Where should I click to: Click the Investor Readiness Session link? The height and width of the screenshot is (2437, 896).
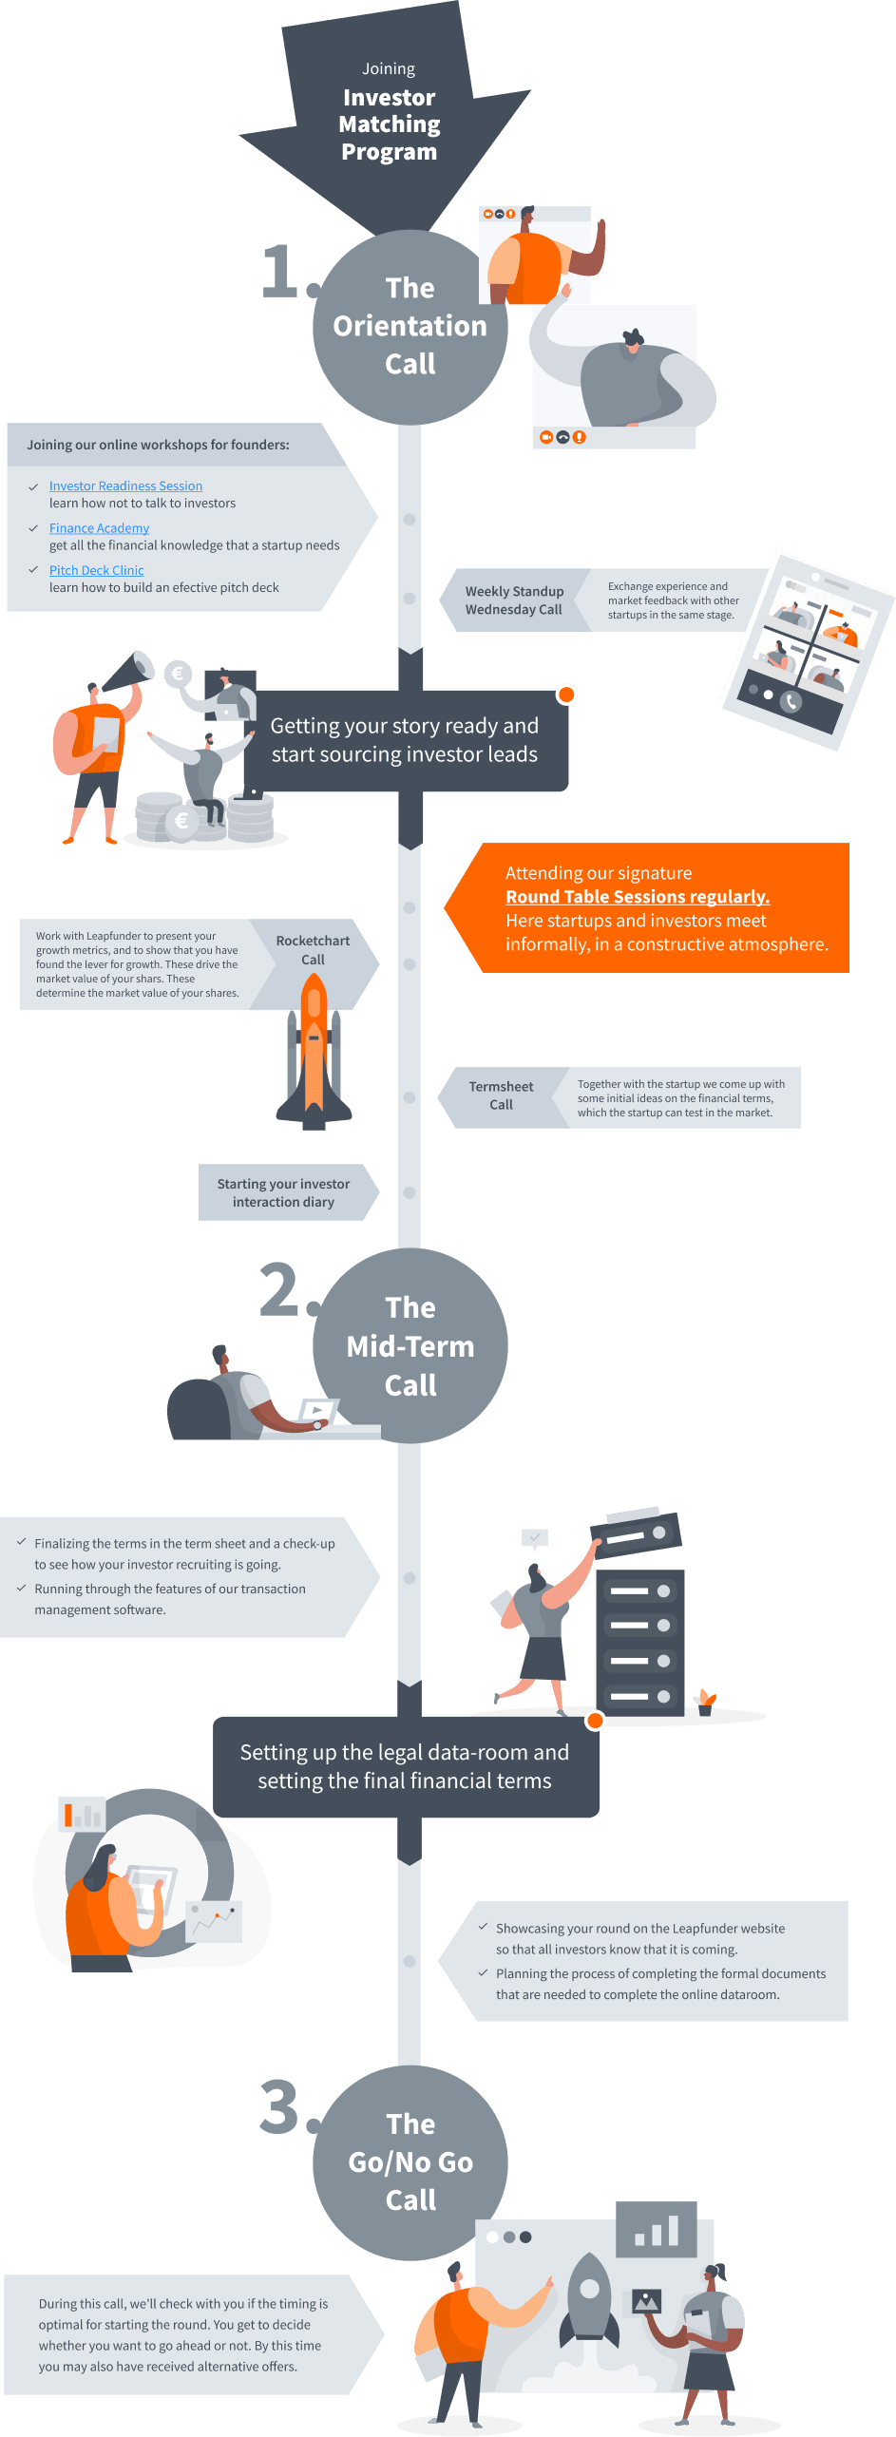(x=125, y=485)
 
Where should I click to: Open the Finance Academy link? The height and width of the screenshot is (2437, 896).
(x=99, y=528)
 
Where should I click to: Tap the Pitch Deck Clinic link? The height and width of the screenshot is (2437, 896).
(x=96, y=570)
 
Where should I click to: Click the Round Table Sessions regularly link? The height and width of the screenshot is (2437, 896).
(x=638, y=897)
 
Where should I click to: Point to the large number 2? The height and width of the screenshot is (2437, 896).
(x=279, y=1289)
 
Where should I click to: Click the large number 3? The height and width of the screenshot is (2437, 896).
(x=279, y=2106)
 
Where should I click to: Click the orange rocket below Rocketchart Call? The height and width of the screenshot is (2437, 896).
(x=314, y=1051)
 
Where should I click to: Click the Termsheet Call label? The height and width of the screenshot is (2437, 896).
(x=501, y=1095)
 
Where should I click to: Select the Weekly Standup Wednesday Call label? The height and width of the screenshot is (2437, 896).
(x=514, y=600)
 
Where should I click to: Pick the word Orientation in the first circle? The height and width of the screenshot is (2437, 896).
(x=410, y=326)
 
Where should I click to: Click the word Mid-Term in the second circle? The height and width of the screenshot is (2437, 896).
(x=410, y=1346)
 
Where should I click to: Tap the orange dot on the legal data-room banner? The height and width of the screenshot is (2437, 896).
(x=596, y=1720)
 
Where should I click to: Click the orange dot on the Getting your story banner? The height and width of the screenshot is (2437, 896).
(x=566, y=695)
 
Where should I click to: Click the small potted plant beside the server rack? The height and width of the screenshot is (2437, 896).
(x=706, y=1702)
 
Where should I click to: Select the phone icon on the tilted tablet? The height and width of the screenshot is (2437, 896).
(x=791, y=702)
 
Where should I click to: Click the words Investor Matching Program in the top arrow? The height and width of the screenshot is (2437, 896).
(x=390, y=124)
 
